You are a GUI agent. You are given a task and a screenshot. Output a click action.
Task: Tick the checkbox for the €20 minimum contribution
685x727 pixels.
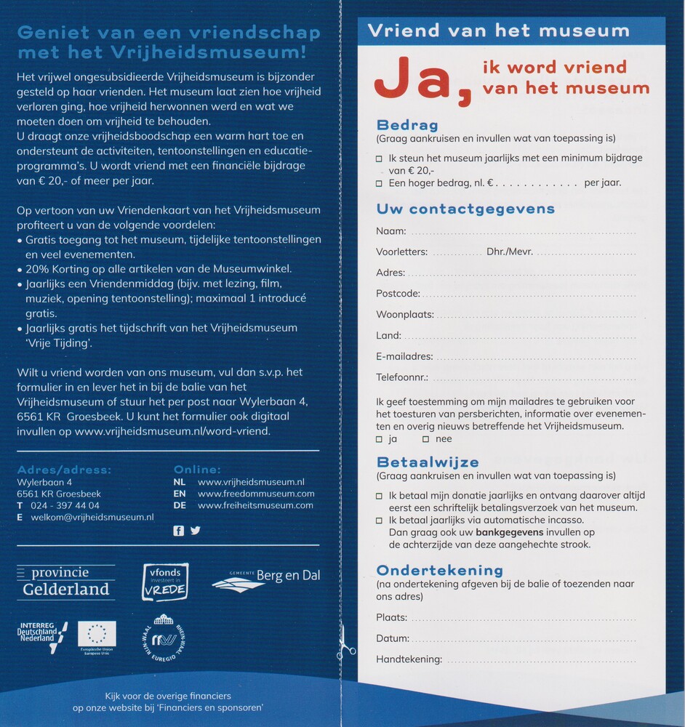click(x=379, y=158)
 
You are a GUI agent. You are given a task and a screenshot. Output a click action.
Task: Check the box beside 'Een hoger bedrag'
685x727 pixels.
click(x=379, y=183)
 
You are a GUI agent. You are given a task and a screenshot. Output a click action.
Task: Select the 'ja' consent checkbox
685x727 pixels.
click(x=379, y=439)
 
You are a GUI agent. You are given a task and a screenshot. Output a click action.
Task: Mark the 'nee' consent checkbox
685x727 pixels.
click(x=425, y=439)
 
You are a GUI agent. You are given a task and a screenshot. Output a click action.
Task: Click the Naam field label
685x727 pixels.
click(x=390, y=231)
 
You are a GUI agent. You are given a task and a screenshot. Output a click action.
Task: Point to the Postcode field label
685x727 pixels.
click(x=398, y=294)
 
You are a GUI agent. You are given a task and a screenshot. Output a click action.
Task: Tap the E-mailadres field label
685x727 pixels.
click(x=404, y=356)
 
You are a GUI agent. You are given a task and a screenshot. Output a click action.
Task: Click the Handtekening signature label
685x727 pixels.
click(x=409, y=659)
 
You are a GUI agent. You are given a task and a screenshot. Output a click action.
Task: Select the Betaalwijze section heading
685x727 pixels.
click(x=428, y=462)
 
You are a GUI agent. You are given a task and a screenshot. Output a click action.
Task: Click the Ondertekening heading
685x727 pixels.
click(x=439, y=570)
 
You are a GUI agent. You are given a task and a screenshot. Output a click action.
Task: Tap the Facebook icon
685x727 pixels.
click(x=179, y=531)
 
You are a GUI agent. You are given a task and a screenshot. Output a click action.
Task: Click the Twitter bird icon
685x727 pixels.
click(x=195, y=531)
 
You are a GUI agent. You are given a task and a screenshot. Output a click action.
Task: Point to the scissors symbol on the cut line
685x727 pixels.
click(x=346, y=641)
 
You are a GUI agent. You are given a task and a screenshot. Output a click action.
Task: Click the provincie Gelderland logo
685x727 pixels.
click(x=65, y=582)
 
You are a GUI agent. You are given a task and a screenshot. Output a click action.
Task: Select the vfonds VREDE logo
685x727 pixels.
click(x=164, y=582)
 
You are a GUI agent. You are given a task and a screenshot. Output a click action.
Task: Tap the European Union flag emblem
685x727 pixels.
click(x=97, y=635)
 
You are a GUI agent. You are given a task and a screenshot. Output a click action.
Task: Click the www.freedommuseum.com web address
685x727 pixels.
click(x=255, y=494)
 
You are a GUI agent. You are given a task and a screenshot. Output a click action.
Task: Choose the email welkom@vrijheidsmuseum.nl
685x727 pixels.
click(x=92, y=517)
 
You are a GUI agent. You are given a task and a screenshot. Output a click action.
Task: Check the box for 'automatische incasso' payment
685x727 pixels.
click(x=379, y=521)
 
